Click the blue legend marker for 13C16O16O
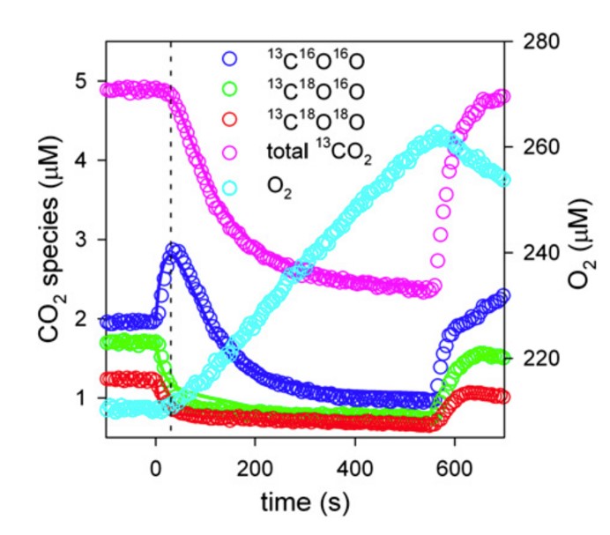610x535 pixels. pos(231,60)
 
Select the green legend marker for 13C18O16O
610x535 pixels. pos(231,91)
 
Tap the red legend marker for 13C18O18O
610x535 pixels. pos(231,122)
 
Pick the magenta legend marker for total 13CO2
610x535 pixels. pos(231,154)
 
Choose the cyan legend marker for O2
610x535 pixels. pos(231,185)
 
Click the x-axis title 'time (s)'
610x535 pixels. pos(304,502)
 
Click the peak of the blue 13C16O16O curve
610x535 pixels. pos(175,250)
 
